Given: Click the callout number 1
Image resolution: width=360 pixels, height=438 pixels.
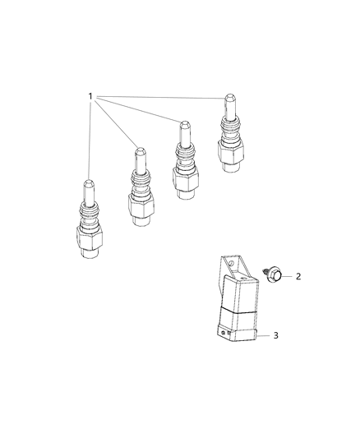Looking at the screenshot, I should pyautogui.click(x=90, y=97).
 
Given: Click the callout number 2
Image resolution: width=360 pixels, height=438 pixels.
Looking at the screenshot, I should pyautogui.click(x=298, y=277).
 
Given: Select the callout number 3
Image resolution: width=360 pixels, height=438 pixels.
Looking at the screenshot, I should pyautogui.click(x=299, y=336).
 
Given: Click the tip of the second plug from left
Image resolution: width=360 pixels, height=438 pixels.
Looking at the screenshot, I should pyautogui.click(x=139, y=153).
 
